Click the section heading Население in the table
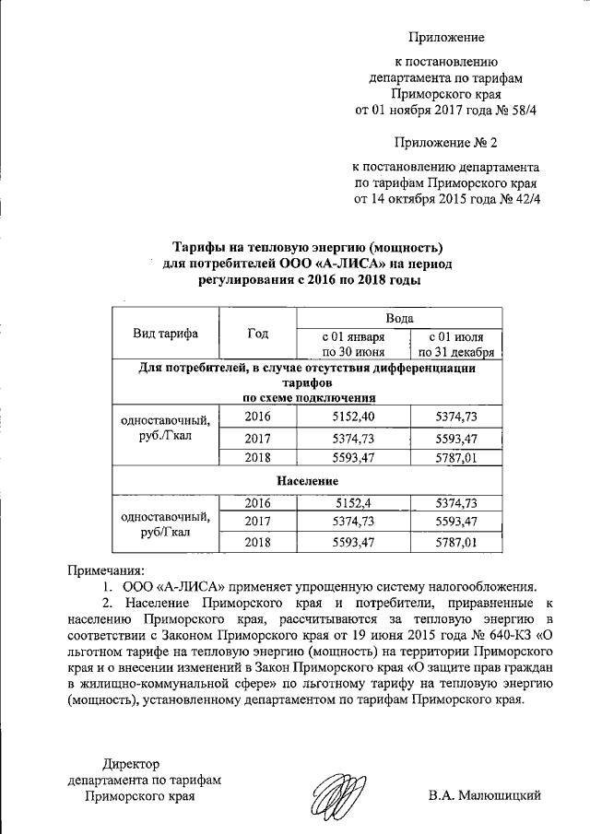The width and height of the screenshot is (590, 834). click(x=307, y=481)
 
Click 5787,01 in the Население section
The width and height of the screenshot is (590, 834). click(x=455, y=543)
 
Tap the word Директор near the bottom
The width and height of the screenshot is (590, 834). click(x=131, y=763)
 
